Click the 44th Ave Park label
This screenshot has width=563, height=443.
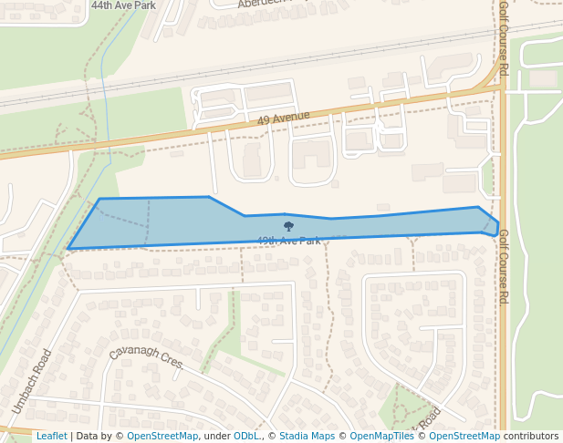pyautogui.click(x=123, y=5)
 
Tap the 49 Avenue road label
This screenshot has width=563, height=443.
pyautogui.click(x=283, y=118)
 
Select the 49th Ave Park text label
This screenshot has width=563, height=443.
pyautogui.click(x=288, y=241)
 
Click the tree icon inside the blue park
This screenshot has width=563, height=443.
pyautogui.click(x=288, y=226)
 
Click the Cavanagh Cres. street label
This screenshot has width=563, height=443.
pyautogui.click(x=146, y=358)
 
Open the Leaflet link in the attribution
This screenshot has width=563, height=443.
pyautogui.click(x=51, y=436)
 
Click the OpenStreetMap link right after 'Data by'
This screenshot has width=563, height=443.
pyautogui.click(x=162, y=436)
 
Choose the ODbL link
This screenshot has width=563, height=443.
pyautogui.click(x=246, y=436)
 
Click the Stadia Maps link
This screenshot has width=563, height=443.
pyautogui.click(x=307, y=436)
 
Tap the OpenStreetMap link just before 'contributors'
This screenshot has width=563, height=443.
pyautogui.click(x=464, y=436)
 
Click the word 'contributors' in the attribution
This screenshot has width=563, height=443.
pyautogui.click(x=531, y=436)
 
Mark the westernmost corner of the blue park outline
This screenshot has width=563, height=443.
pyautogui.click(x=68, y=248)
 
